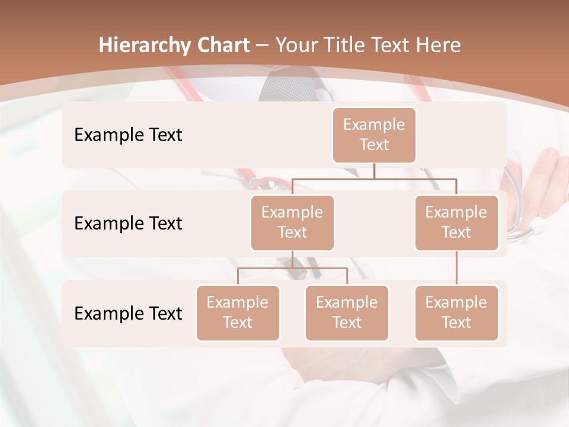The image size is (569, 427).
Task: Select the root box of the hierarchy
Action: pyautogui.click(x=374, y=135)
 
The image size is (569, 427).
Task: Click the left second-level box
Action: pyautogui.click(x=292, y=222)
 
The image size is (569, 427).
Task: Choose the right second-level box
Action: pyautogui.click(x=456, y=222)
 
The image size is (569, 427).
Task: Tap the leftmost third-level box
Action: pyautogui.click(x=238, y=313)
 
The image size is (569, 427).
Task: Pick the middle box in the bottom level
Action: pyautogui.click(x=347, y=313)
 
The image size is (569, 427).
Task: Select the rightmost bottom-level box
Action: pyautogui.click(x=456, y=313)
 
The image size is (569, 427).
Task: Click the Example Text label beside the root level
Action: pyautogui.click(x=128, y=135)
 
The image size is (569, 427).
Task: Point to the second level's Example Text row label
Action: pyautogui.click(x=128, y=223)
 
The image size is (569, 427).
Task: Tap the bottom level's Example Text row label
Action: pyautogui.click(x=128, y=313)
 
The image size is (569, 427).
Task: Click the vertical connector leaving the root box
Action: pyautogui.click(x=374, y=171)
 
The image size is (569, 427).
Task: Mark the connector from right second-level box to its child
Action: pyautogui.click(x=456, y=268)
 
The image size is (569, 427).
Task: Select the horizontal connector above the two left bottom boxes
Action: pyautogui.click(x=292, y=268)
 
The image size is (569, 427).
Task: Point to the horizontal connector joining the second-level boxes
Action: pyautogui.click(x=374, y=178)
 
